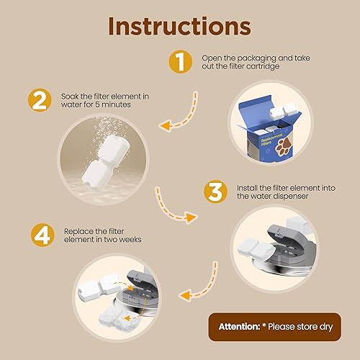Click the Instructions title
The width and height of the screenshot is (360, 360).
[180, 27]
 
